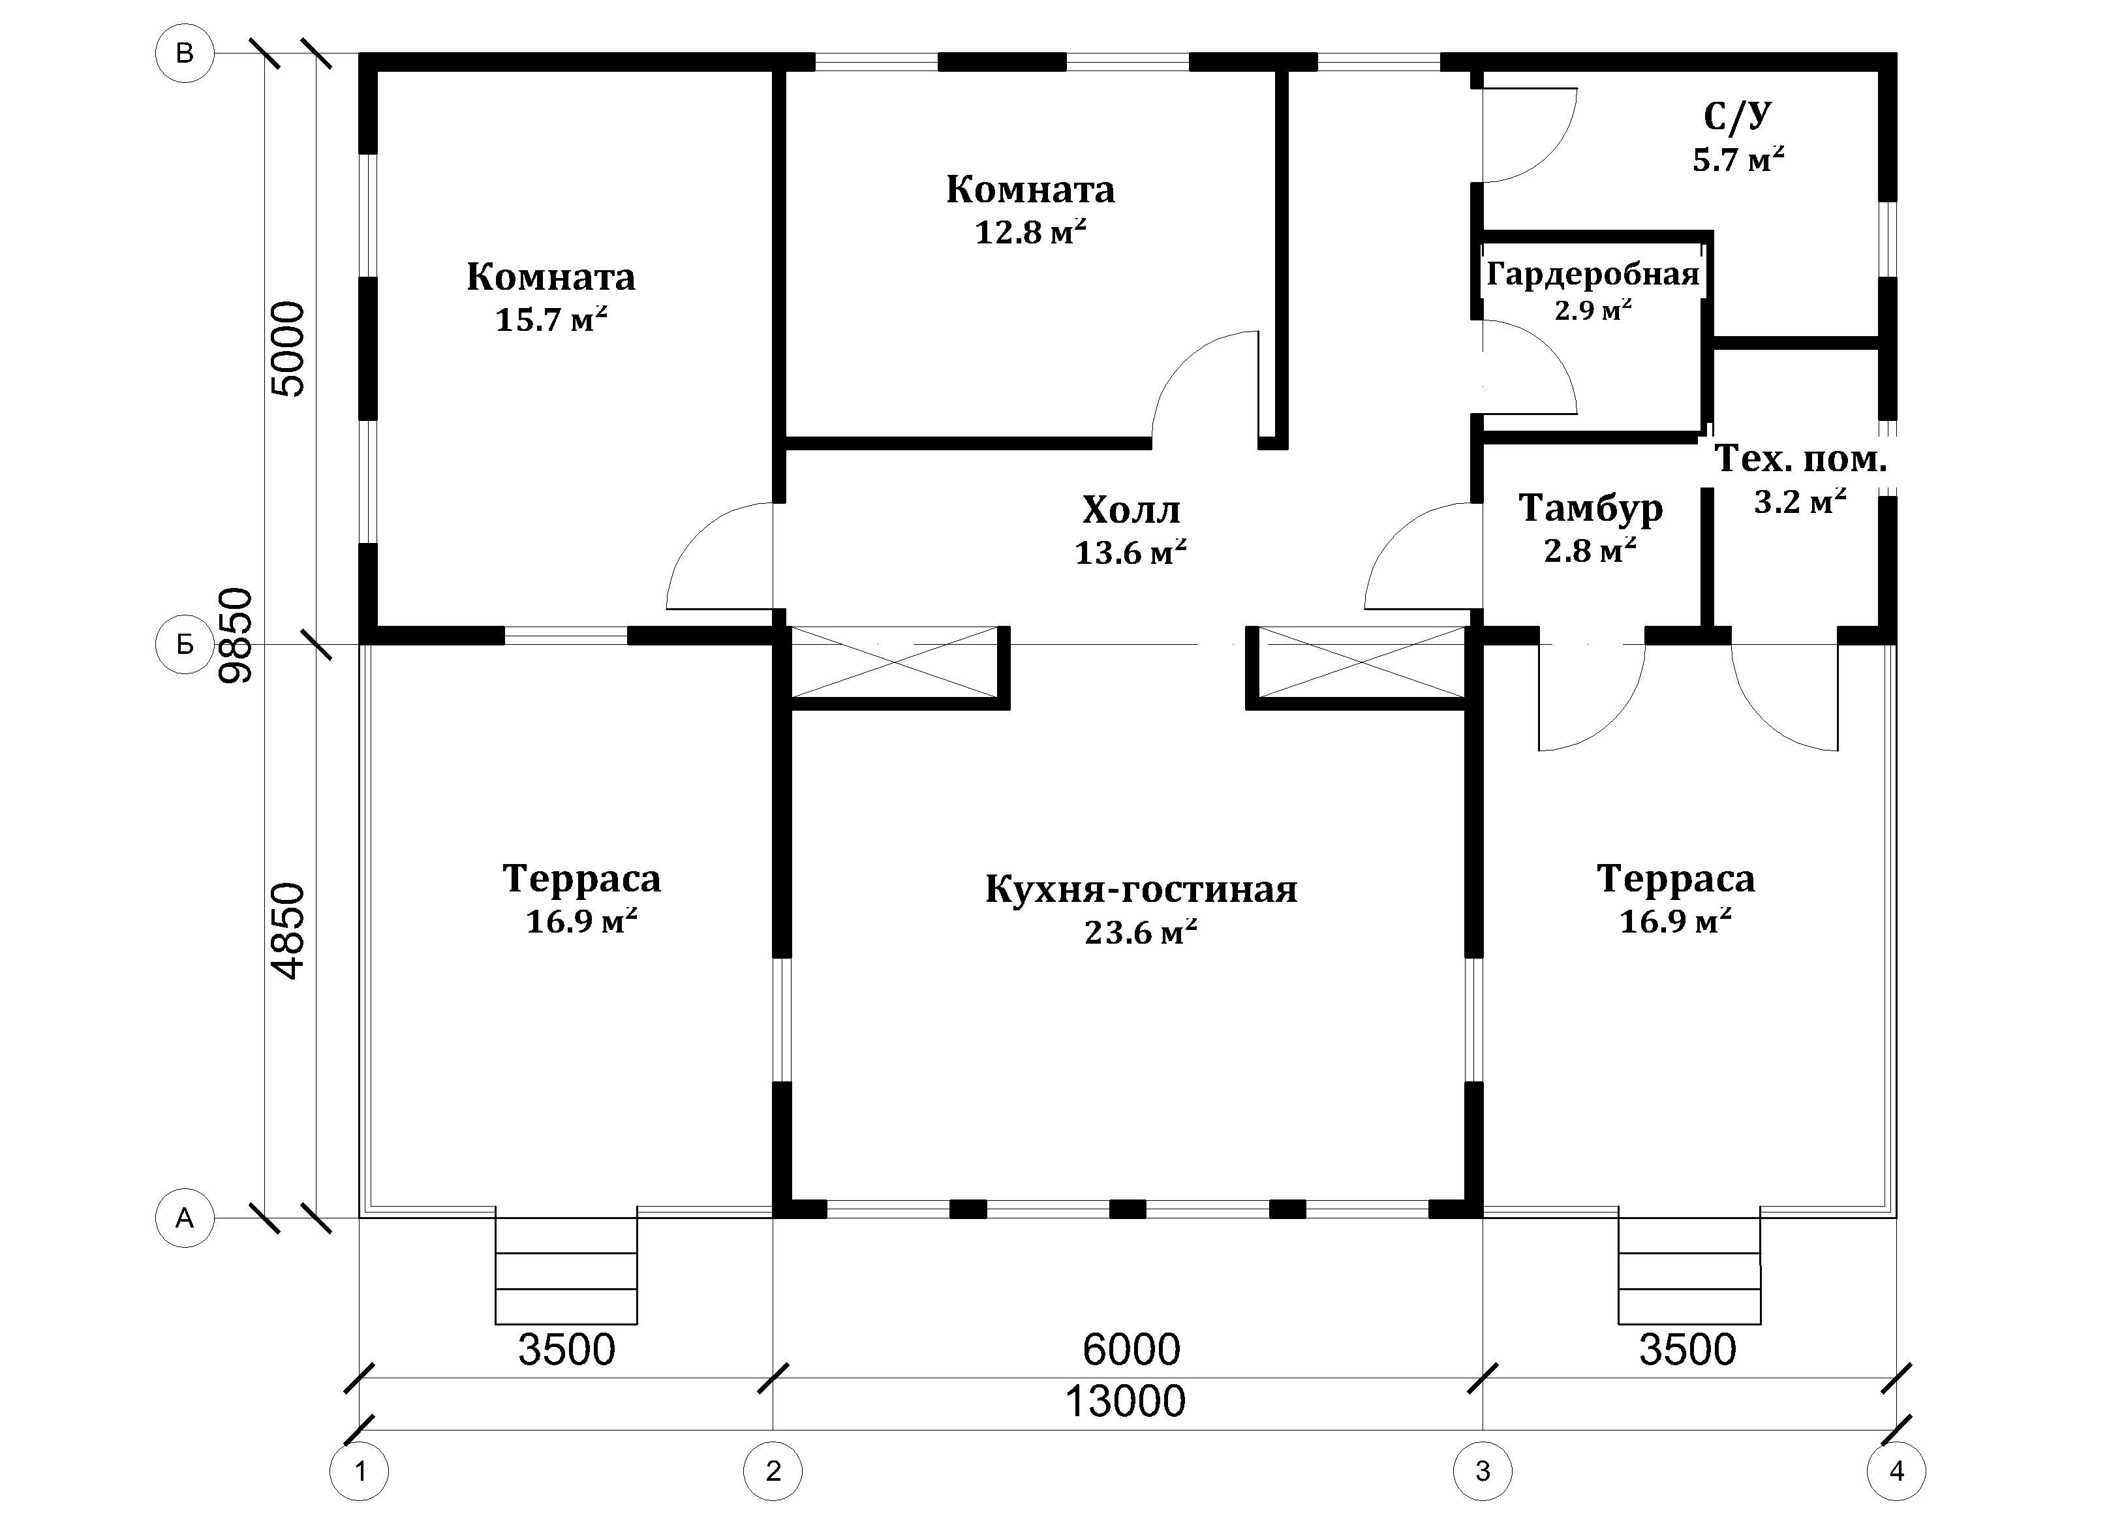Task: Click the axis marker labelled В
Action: (185, 54)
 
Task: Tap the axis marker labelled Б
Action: (185, 644)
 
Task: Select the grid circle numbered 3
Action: (1483, 1471)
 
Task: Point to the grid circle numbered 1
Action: (360, 1471)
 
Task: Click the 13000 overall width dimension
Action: (1126, 1402)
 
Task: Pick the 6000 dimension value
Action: (1131, 1350)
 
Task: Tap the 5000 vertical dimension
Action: (288, 349)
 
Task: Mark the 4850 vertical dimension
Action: (288, 931)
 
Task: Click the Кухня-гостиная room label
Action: (1141, 889)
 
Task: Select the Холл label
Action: (1131, 510)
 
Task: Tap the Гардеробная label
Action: (1593, 274)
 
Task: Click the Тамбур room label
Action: (1590, 508)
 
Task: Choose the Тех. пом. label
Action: (1800, 459)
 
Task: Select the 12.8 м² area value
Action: (1030, 231)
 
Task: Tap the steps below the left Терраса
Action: (566, 1271)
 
